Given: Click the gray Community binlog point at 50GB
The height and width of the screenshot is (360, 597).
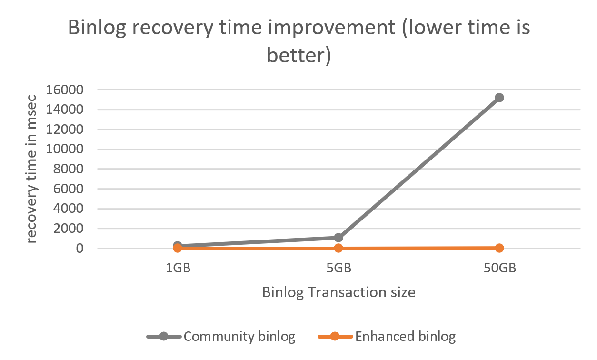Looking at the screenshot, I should point(499,98).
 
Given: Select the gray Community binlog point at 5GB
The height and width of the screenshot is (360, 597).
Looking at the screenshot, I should point(338,237).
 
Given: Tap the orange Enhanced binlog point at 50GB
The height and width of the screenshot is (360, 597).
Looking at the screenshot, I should point(499,248).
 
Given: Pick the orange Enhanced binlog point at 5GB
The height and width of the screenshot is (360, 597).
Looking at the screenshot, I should point(338,248).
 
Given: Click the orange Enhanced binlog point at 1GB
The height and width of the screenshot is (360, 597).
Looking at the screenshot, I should point(178,248).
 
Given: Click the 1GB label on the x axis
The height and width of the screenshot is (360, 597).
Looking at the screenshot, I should point(178,268).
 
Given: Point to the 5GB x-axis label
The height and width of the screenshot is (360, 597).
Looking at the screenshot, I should point(338,268).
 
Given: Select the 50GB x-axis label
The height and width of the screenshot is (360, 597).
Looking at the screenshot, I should point(499,268).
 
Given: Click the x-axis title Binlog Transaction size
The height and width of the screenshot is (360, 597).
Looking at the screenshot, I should point(338,292).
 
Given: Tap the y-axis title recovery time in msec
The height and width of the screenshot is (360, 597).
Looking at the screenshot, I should point(31,169).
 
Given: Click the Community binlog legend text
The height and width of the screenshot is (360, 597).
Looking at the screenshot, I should point(239,337).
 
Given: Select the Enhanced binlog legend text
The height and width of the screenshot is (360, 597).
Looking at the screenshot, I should point(405,337).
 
